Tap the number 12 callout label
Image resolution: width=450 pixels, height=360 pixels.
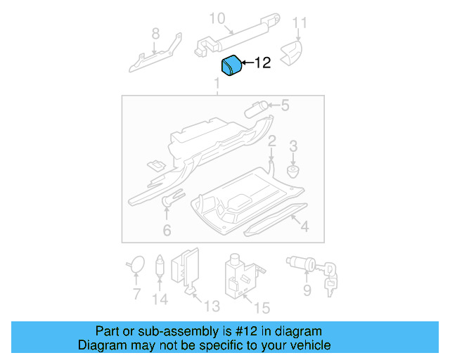(262, 63)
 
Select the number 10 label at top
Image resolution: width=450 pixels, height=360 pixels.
(217, 18)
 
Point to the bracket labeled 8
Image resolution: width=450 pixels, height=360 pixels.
(155, 54)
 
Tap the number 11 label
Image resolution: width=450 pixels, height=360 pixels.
(300, 24)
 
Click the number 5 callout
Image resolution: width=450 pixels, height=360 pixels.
(285, 106)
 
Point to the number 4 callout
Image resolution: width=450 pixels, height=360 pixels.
(304, 226)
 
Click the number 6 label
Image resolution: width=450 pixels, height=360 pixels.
(167, 230)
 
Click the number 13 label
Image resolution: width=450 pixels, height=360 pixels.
(211, 306)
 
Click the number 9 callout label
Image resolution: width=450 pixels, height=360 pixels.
(307, 290)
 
